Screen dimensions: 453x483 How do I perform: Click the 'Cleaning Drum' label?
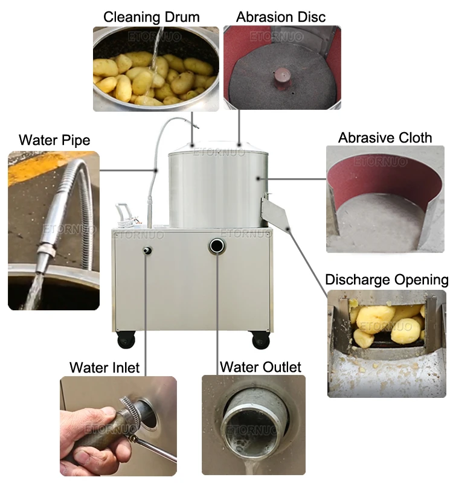tap(152, 17)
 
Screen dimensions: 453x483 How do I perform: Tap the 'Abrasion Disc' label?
tap(281, 17)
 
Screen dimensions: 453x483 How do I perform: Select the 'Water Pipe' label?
tap(54, 140)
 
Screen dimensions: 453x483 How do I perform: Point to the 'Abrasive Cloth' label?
tap(385, 138)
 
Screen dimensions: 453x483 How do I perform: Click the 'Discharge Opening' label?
tap(387, 280)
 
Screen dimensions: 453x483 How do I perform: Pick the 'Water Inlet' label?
tap(104, 368)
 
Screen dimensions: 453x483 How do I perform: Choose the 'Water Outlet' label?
tap(260, 367)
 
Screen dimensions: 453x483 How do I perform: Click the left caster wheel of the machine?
tap(126, 339)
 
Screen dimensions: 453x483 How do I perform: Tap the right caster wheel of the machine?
tap(261, 339)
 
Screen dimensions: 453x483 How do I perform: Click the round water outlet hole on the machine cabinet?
tap(217, 246)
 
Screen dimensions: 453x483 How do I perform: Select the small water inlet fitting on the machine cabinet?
tap(147, 250)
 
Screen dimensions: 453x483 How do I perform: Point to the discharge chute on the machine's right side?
tap(274, 213)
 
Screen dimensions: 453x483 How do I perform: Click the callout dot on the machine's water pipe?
tap(156, 170)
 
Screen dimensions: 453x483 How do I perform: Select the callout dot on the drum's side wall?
tap(258, 178)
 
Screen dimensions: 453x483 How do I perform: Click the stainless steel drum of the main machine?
tap(218, 185)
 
